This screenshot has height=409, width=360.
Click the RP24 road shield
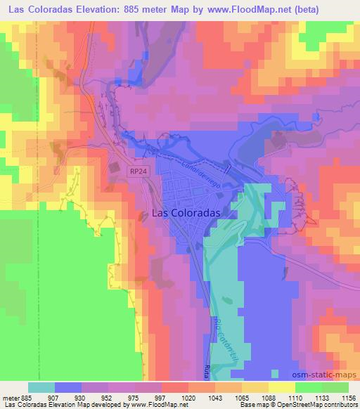tap(137, 171)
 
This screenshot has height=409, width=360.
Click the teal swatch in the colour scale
tap(41, 387)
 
